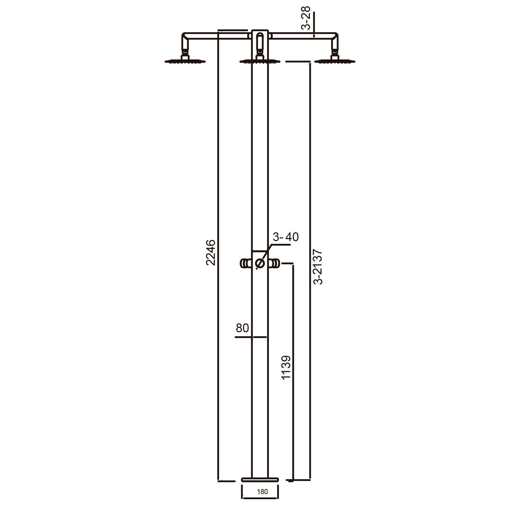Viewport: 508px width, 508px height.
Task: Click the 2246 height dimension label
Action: click(x=211, y=252)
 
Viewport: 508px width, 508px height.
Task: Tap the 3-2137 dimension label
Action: click(x=318, y=267)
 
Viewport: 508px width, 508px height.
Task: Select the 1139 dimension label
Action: click(x=286, y=367)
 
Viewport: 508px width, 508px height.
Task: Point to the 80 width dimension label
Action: click(x=242, y=328)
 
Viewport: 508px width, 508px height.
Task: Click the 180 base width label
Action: click(x=262, y=492)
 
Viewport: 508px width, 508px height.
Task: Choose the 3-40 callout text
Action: click(x=285, y=237)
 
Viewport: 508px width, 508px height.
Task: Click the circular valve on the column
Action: click(x=260, y=263)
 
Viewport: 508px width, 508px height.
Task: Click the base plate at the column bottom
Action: click(x=260, y=479)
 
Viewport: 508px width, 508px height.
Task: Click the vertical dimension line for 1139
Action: click(x=293, y=373)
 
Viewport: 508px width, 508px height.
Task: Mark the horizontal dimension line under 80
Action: click(x=251, y=337)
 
